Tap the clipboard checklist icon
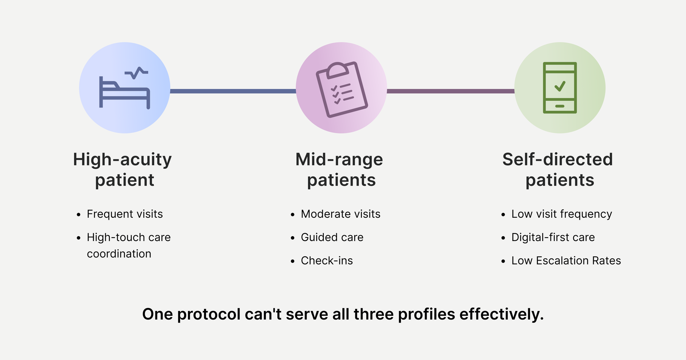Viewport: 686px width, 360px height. click(x=342, y=89)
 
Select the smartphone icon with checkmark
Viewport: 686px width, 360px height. click(x=560, y=88)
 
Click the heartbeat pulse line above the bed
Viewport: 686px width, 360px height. click(x=137, y=72)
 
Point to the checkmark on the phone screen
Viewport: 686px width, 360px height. click(x=560, y=86)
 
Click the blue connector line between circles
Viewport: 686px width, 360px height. click(x=233, y=91)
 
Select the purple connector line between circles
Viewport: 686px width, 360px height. click(x=450, y=91)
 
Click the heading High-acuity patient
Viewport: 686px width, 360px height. click(x=122, y=169)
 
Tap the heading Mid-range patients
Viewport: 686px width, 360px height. click(x=339, y=169)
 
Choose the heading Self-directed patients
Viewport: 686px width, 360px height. click(x=558, y=169)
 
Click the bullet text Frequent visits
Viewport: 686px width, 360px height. click(x=125, y=214)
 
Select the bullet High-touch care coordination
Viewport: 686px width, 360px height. click(x=129, y=245)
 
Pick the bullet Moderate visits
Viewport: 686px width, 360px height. click(x=341, y=214)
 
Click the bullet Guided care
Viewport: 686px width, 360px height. click(x=332, y=237)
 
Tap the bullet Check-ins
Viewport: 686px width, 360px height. click(x=327, y=261)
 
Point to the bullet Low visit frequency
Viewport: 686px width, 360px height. click(x=561, y=214)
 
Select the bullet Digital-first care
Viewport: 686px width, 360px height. click(x=553, y=237)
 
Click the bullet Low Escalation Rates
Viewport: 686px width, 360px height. click(x=566, y=261)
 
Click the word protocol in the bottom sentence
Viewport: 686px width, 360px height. click(x=209, y=314)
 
